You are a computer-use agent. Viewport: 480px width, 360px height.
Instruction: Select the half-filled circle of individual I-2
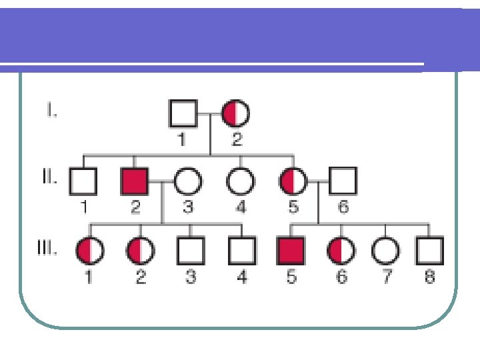coord(236,113)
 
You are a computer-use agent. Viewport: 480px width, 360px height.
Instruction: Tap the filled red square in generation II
coord(135,180)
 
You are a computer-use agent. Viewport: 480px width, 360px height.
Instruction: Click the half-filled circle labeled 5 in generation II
coord(293,180)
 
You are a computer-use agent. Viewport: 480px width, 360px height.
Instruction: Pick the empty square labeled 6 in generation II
coord(343,180)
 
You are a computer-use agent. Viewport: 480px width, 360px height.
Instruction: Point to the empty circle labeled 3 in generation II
coord(188,180)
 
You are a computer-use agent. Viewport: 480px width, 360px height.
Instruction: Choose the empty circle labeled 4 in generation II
coord(240,180)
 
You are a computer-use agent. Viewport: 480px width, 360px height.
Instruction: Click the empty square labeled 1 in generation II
coord(83,180)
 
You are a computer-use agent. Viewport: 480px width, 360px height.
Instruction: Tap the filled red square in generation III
coord(290,251)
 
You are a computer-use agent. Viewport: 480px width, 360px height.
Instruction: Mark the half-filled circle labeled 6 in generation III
coord(341,251)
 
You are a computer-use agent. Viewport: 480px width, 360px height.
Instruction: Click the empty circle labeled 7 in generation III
coord(386,251)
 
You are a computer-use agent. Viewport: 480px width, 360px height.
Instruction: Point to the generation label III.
coord(47,250)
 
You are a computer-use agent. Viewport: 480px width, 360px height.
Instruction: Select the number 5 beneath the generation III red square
coord(291,276)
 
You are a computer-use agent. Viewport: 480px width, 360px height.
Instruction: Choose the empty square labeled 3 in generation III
coord(190,251)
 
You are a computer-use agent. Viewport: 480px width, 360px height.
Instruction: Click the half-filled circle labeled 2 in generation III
coord(140,251)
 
